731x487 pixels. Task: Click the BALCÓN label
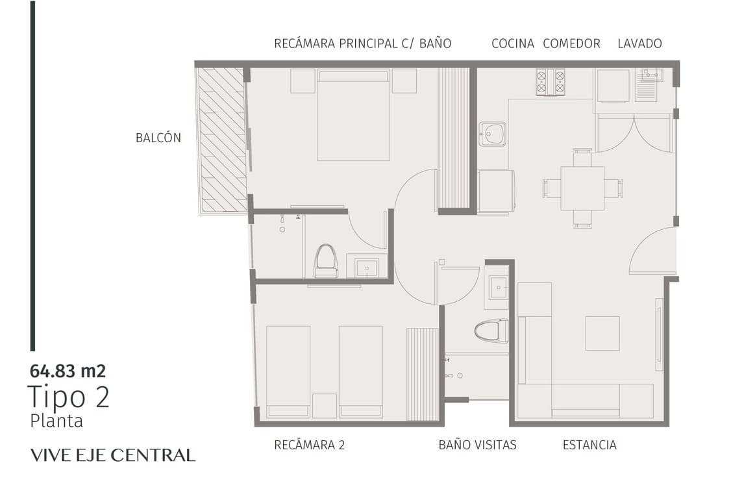(158, 138)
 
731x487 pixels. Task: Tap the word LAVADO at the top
(639, 44)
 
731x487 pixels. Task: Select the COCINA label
(513, 44)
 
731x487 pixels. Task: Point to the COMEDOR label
(571, 44)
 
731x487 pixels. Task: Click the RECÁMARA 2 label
(310, 445)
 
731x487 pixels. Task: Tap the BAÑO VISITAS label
(477, 445)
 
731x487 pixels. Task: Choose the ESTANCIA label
(589, 445)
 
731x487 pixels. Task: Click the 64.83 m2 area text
(68, 371)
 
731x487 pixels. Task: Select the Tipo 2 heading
(69, 397)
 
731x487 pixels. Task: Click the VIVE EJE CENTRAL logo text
(113, 455)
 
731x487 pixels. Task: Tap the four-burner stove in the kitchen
(550, 82)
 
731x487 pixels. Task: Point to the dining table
(582, 188)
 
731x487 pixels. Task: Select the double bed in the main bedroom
(353, 115)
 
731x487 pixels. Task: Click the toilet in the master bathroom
(325, 261)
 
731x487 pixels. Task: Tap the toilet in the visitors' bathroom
(491, 331)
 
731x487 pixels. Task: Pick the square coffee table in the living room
(602, 333)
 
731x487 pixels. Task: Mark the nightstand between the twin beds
(325, 406)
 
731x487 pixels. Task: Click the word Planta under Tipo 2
(56, 421)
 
